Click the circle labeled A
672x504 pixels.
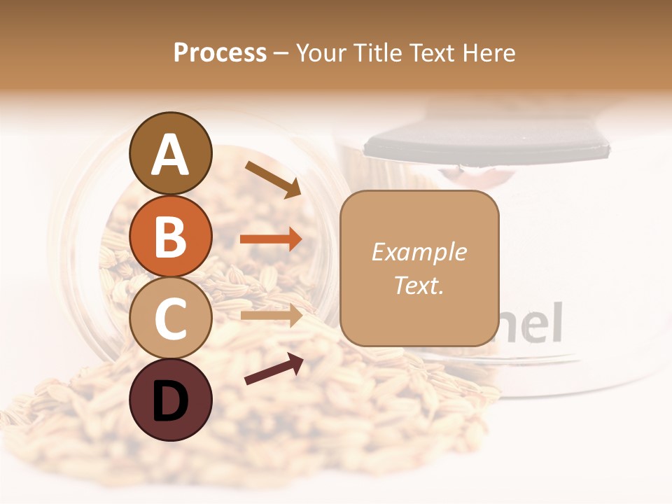(x=170, y=153)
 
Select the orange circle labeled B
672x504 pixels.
(x=170, y=236)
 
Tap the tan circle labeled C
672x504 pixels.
(x=170, y=318)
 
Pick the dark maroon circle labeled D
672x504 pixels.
(x=170, y=400)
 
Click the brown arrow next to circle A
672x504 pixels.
(x=272, y=179)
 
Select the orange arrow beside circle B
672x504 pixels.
(x=271, y=239)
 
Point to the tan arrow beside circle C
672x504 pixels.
(x=271, y=316)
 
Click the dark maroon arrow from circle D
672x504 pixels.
(x=274, y=369)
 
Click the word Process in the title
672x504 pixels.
(x=220, y=53)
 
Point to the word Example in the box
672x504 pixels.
(x=419, y=252)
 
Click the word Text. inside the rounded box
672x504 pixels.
(x=419, y=286)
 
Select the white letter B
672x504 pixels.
(x=170, y=236)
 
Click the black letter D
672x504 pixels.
(x=170, y=400)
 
